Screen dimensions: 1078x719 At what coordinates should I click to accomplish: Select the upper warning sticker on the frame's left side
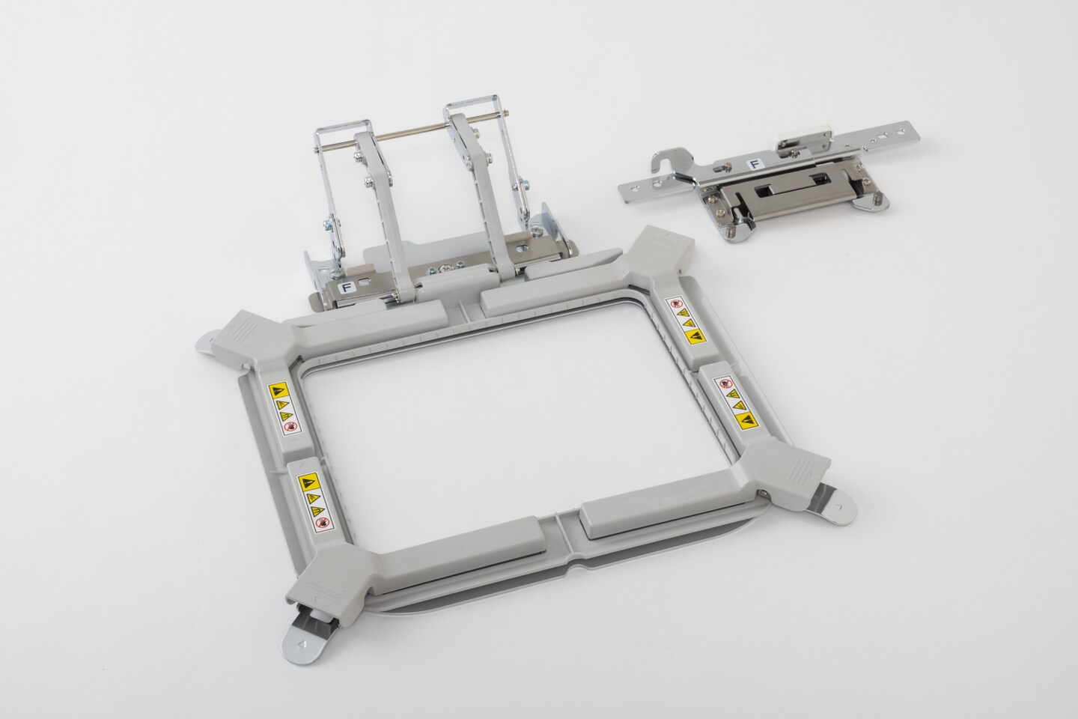pos(284,407)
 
